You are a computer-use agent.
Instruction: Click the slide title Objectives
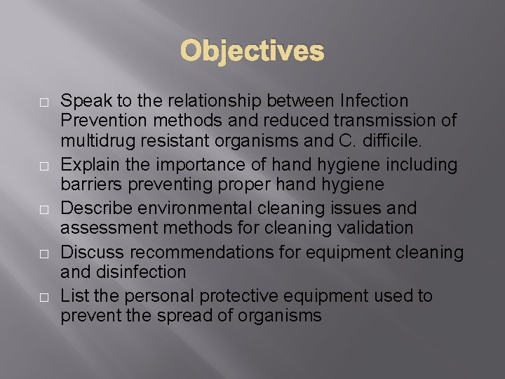point(252,51)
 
